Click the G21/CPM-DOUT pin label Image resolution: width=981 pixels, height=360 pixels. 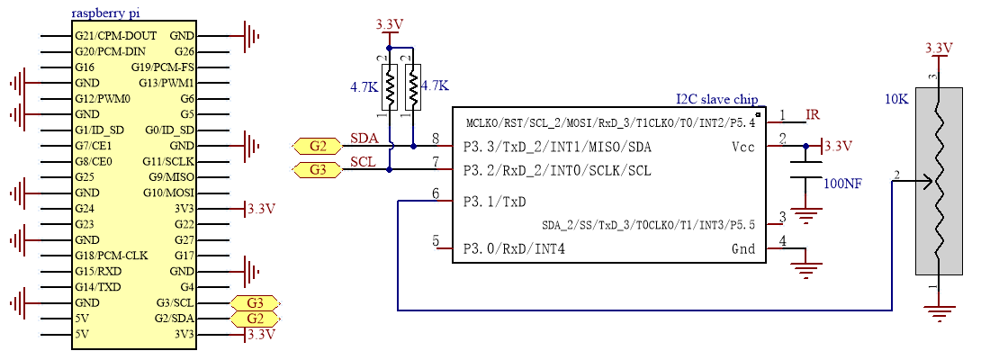(116, 36)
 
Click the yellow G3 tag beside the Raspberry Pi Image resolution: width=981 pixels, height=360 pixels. (256, 303)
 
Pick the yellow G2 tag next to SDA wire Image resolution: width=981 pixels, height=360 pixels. (317, 147)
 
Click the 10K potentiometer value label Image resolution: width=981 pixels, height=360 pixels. (898, 99)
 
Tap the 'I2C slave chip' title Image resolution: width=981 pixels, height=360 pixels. (717, 100)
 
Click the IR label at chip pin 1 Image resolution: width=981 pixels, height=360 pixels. (812, 114)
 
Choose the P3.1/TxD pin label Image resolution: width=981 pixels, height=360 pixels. (495, 202)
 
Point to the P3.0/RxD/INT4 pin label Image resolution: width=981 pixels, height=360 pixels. (514, 249)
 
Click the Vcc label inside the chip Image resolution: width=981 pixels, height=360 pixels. (743, 148)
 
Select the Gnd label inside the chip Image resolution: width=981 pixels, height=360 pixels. (743, 249)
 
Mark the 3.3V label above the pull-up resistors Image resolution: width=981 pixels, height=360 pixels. (389, 24)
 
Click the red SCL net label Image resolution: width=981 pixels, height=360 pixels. (363, 162)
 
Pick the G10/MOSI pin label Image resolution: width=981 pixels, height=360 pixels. (169, 193)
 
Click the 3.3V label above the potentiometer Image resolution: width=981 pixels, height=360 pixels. (939, 49)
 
